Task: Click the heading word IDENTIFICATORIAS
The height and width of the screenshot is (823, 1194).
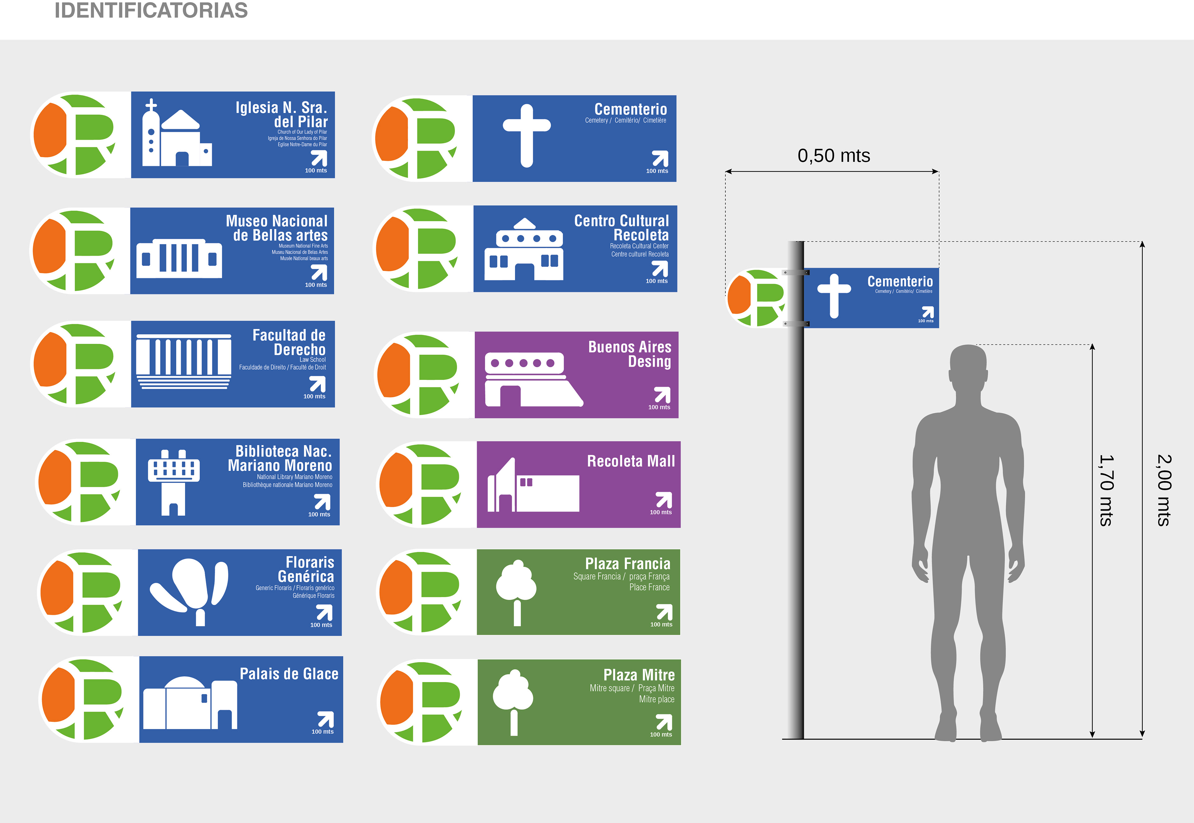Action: tap(151, 10)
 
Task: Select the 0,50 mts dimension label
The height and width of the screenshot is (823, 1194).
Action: tap(833, 156)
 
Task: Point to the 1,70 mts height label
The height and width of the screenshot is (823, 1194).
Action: tap(1106, 490)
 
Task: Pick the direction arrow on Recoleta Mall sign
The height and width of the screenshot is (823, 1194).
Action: tap(664, 499)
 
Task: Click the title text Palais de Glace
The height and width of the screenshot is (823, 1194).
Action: tap(289, 674)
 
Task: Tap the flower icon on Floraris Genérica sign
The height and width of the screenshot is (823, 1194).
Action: tap(191, 591)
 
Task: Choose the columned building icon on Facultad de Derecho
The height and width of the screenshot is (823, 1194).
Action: tap(183, 361)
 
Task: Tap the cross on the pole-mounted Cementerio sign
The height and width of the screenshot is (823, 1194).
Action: tap(834, 296)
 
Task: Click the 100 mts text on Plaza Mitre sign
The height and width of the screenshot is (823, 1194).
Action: tap(661, 734)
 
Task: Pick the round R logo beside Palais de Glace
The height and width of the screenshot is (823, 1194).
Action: tap(82, 699)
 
